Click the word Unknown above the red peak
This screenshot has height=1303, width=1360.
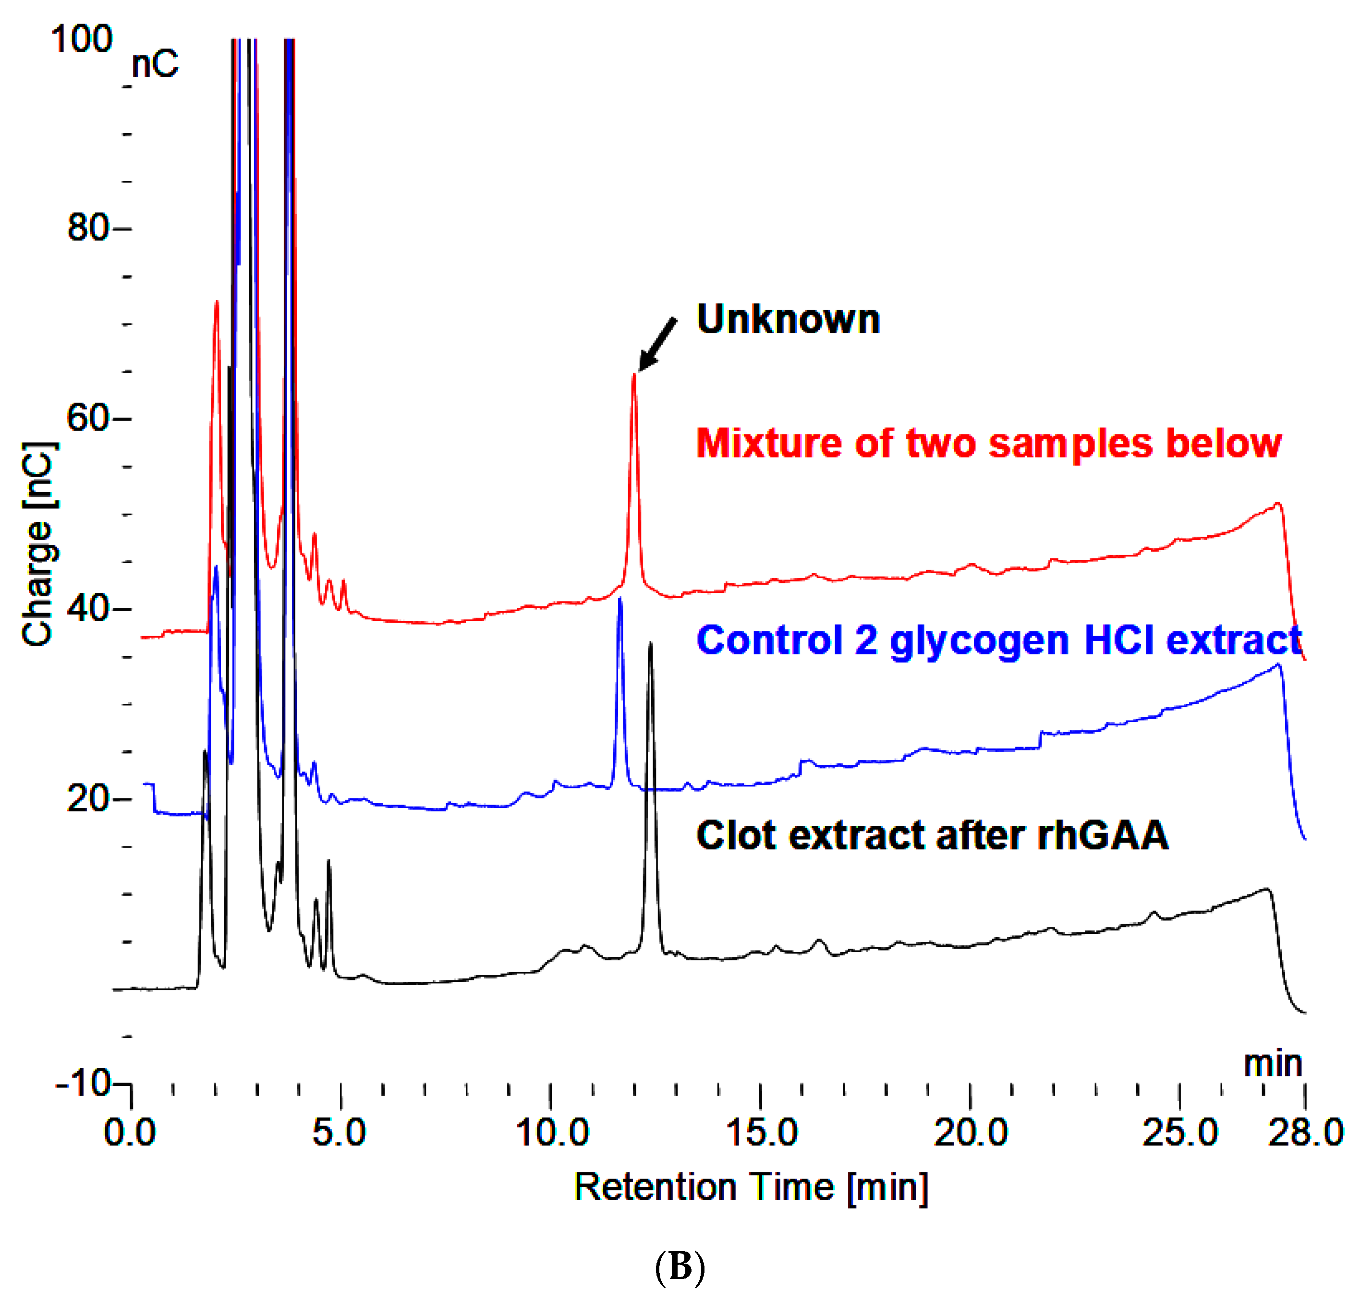788,320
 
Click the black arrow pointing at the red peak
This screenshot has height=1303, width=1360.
656,345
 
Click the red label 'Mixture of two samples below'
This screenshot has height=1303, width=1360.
988,443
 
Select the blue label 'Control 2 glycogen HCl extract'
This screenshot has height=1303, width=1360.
999,639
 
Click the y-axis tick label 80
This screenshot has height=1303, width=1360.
88,228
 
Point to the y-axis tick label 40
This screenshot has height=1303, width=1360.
88,609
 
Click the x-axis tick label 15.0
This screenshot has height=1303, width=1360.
761,1133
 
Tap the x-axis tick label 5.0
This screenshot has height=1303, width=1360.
339,1133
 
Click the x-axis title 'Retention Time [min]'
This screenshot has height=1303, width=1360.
751,1187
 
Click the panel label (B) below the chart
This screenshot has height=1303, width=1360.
680,1267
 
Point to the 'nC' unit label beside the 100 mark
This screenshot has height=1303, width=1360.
155,64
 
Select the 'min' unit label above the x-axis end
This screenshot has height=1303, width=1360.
1273,1063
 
